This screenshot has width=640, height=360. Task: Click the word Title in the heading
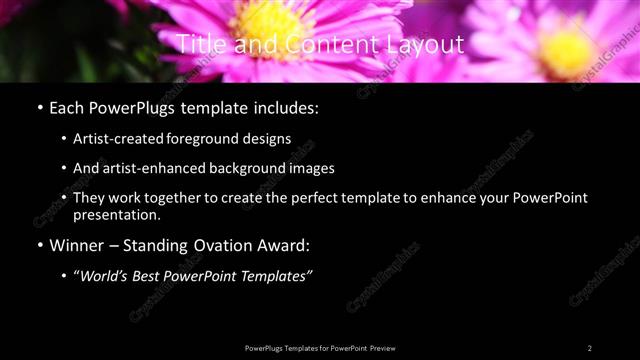[198, 45]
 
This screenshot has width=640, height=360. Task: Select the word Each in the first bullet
[68, 108]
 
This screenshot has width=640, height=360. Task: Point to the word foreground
[212, 138]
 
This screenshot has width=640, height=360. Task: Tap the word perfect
[300, 198]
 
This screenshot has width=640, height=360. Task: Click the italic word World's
[112, 275]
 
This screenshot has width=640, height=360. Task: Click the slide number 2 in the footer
[590, 347]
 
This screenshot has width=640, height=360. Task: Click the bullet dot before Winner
[39, 246]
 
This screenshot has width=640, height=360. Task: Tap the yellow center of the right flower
[566, 50]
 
